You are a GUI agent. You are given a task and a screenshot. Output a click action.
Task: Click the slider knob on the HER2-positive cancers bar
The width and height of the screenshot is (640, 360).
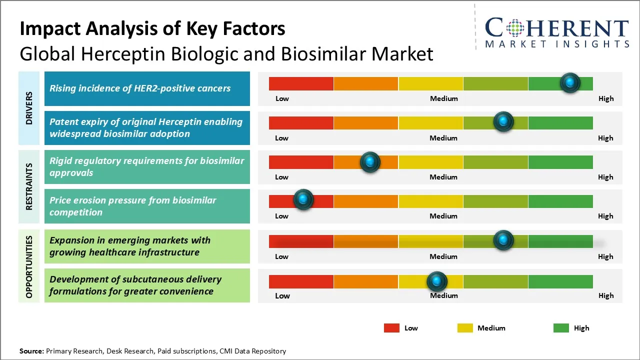click(x=570, y=82)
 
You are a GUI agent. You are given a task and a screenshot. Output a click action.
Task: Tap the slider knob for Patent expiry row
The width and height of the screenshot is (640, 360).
click(x=503, y=121)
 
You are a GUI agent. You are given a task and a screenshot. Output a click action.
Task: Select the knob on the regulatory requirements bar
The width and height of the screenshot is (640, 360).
click(x=370, y=161)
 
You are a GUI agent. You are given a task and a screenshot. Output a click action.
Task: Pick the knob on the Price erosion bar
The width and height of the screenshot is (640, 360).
click(x=303, y=199)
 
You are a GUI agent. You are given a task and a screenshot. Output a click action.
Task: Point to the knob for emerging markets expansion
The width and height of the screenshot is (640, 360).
click(x=503, y=240)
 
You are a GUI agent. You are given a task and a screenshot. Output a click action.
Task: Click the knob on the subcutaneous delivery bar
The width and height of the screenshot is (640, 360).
click(x=437, y=281)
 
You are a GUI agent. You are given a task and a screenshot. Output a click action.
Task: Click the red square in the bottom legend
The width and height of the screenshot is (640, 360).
click(x=391, y=328)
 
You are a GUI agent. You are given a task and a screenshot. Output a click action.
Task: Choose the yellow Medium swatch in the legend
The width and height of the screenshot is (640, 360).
click(x=465, y=328)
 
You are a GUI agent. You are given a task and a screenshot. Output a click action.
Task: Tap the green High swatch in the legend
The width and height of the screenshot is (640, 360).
click(x=561, y=328)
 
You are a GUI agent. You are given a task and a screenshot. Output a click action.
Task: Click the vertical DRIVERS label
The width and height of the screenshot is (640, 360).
click(x=29, y=108)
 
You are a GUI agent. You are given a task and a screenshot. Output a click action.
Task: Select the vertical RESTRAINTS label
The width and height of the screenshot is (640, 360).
click(x=29, y=186)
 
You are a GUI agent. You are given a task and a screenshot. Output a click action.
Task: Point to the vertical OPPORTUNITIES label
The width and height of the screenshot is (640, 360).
click(x=29, y=266)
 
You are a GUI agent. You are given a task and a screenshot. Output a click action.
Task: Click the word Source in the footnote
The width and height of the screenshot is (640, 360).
click(x=31, y=351)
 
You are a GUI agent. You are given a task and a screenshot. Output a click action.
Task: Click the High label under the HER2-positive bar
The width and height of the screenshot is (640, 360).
click(x=606, y=98)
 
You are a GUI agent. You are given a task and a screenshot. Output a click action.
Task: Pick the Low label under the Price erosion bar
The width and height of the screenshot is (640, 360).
click(x=281, y=216)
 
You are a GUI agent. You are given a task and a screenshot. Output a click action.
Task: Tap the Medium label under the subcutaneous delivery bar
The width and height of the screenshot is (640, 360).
click(x=444, y=295)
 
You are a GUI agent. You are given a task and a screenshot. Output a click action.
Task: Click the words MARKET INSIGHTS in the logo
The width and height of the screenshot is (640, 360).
click(x=557, y=44)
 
